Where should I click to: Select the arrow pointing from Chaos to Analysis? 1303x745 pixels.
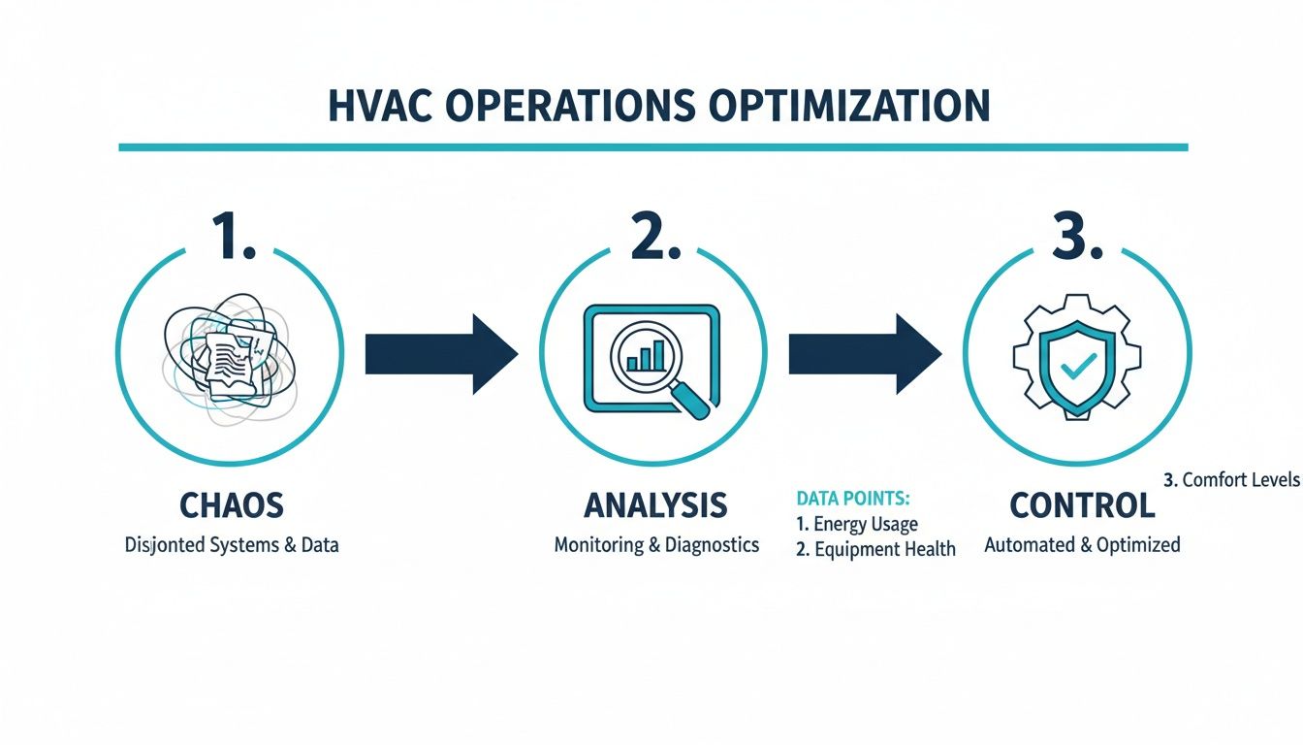441,353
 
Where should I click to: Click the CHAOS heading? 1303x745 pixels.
232,505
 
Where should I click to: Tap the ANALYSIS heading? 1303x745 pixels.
655,505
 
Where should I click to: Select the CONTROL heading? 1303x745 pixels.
1082,505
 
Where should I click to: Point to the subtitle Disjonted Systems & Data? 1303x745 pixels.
232,545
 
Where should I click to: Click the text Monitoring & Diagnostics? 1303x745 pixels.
656,545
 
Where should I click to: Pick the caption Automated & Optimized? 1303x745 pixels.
1082,545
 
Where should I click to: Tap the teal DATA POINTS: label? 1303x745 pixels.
852,499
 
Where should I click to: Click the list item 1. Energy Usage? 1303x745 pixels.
856,524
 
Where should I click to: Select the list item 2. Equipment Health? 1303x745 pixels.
875,549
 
